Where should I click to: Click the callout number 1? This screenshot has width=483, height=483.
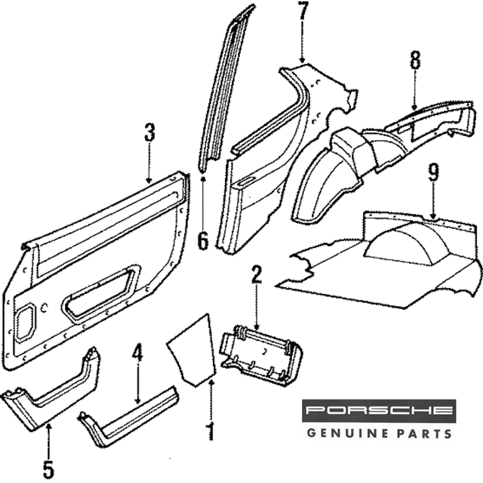(x=210, y=431)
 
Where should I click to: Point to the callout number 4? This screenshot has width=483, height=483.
(x=138, y=355)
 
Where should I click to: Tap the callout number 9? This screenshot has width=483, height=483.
(x=433, y=173)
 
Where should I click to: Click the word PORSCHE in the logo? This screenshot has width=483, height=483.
(x=379, y=411)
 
